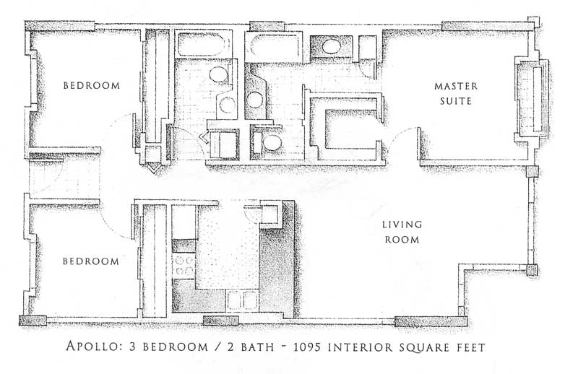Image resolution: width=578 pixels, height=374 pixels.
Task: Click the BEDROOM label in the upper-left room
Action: click(x=92, y=86)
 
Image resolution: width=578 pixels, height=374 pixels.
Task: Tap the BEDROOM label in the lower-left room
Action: click(x=91, y=261)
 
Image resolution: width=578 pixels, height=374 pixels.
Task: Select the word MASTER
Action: click(x=456, y=86)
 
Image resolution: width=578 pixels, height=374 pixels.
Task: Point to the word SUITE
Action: click(x=457, y=101)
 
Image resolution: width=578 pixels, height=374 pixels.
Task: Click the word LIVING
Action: click(x=402, y=225)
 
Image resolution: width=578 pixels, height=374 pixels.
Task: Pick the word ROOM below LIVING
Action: click(x=402, y=240)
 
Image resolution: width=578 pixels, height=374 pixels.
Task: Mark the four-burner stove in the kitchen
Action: click(x=184, y=266)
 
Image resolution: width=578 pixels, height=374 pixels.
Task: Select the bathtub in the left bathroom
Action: click(x=202, y=45)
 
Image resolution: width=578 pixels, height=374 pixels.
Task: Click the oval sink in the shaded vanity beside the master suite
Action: click(x=331, y=46)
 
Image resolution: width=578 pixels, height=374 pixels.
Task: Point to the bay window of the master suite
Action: click(x=532, y=98)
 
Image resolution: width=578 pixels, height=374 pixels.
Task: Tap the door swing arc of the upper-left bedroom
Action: click(x=116, y=121)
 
